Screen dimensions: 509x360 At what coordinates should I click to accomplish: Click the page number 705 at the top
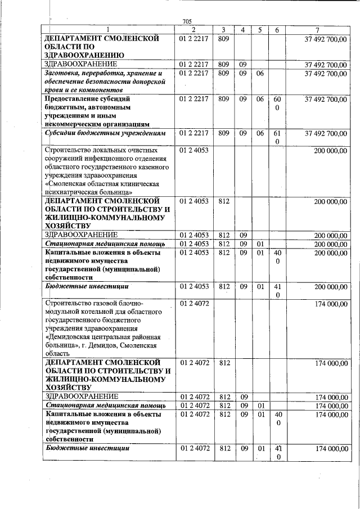(x=187, y=22)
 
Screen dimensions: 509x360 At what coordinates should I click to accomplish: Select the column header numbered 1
(x=108, y=30)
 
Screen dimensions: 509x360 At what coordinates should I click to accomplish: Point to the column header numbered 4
(x=242, y=30)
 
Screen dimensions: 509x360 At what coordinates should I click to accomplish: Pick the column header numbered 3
(x=223, y=30)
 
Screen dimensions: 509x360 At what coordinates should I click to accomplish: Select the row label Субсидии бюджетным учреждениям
(x=106, y=134)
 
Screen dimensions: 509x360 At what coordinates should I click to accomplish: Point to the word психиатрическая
(x=73, y=192)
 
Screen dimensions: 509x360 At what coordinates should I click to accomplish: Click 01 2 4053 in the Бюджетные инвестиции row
(x=193, y=287)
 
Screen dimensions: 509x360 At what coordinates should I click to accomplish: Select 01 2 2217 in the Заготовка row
(x=193, y=74)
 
